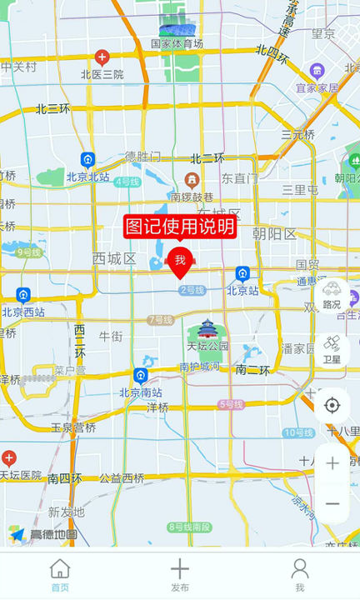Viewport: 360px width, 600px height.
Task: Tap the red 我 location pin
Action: (x=180, y=261)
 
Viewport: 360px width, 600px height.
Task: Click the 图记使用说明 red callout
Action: (x=180, y=227)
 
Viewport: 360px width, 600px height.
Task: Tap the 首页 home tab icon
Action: (x=60, y=569)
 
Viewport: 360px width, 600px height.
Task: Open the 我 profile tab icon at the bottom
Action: (x=300, y=569)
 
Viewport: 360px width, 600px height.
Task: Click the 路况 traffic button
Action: (x=332, y=293)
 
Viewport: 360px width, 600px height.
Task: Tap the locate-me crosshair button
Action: (x=332, y=406)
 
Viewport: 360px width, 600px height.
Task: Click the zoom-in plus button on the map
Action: (x=332, y=463)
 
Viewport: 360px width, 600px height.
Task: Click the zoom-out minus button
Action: (x=332, y=503)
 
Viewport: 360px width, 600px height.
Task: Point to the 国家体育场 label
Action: (x=177, y=43)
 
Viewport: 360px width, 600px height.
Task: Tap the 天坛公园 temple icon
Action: (x=207, y=328)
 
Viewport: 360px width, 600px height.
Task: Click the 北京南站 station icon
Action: (x=140, y=376)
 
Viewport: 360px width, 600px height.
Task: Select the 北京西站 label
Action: (x=23, y=312)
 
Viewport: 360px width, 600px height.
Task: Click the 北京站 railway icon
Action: (x=242, y=273)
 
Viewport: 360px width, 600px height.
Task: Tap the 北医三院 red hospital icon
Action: (x=102, y=57)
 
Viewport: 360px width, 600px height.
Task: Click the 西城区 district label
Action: (x=114, y=258)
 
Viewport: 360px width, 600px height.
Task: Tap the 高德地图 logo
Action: (x=43, y=534)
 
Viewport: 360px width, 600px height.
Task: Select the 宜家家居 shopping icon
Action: (x=317, y=71)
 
